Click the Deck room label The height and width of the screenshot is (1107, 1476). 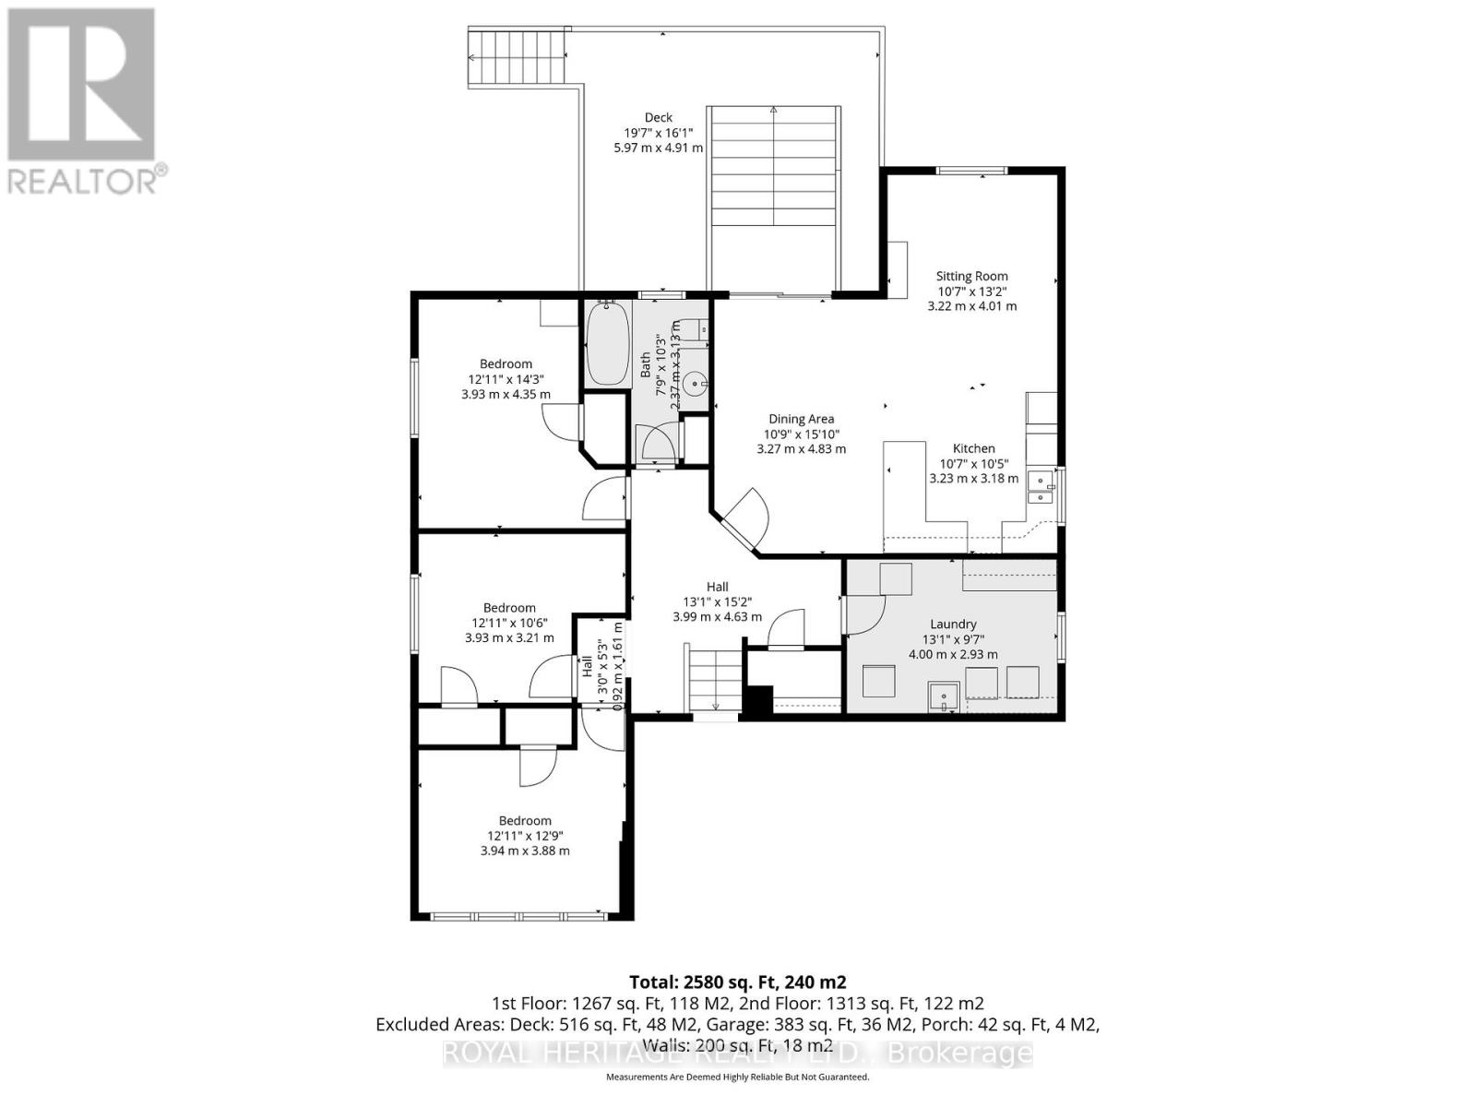(658, 117)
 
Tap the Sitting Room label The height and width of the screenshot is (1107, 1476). (971, 276)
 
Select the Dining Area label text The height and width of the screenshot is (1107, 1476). (801, 419)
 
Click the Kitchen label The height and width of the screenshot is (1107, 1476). (973, 448)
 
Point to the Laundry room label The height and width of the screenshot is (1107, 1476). (953, 625)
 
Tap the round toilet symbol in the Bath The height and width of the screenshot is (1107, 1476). (696, 379)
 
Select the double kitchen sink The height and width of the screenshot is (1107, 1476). (1041, 488)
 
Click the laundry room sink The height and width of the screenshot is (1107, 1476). (944, 696)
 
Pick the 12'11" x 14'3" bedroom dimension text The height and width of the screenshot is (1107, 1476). (506, 379)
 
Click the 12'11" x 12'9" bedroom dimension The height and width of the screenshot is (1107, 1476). (525, 836)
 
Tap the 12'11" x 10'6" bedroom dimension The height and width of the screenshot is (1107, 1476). (509, 623)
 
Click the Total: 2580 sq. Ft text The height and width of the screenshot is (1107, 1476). (737, 982)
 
